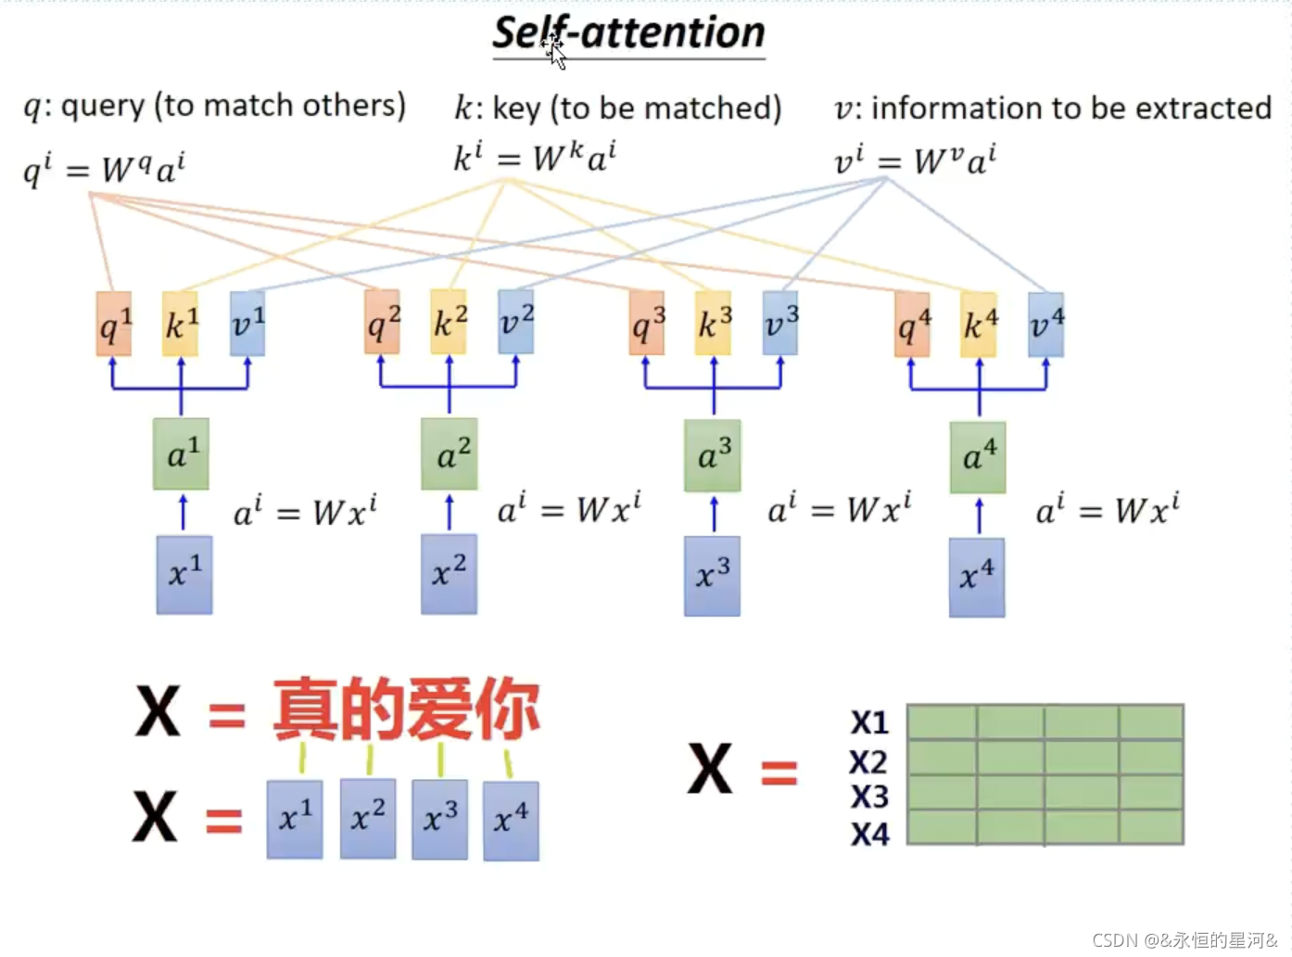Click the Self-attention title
(x=628, y=33)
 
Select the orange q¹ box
(x=114, y=324)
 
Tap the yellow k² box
(x=449, y=322)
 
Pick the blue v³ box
(x=780, y=323)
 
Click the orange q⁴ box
(x=912, y=325)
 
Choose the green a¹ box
(x=181, y=454)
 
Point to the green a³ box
(x=712, y=455)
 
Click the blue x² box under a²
(x=449, y=573)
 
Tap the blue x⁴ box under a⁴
(x=976, y=577)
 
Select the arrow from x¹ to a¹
(x=183, y=513)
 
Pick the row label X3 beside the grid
(x=869, y=797)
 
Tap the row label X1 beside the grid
(x=869, y=722)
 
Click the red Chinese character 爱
(x=439, y=709)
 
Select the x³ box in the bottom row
(x=439, y=819)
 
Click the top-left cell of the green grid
(x=941, y=721)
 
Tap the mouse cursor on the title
(x=555, y=51)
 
